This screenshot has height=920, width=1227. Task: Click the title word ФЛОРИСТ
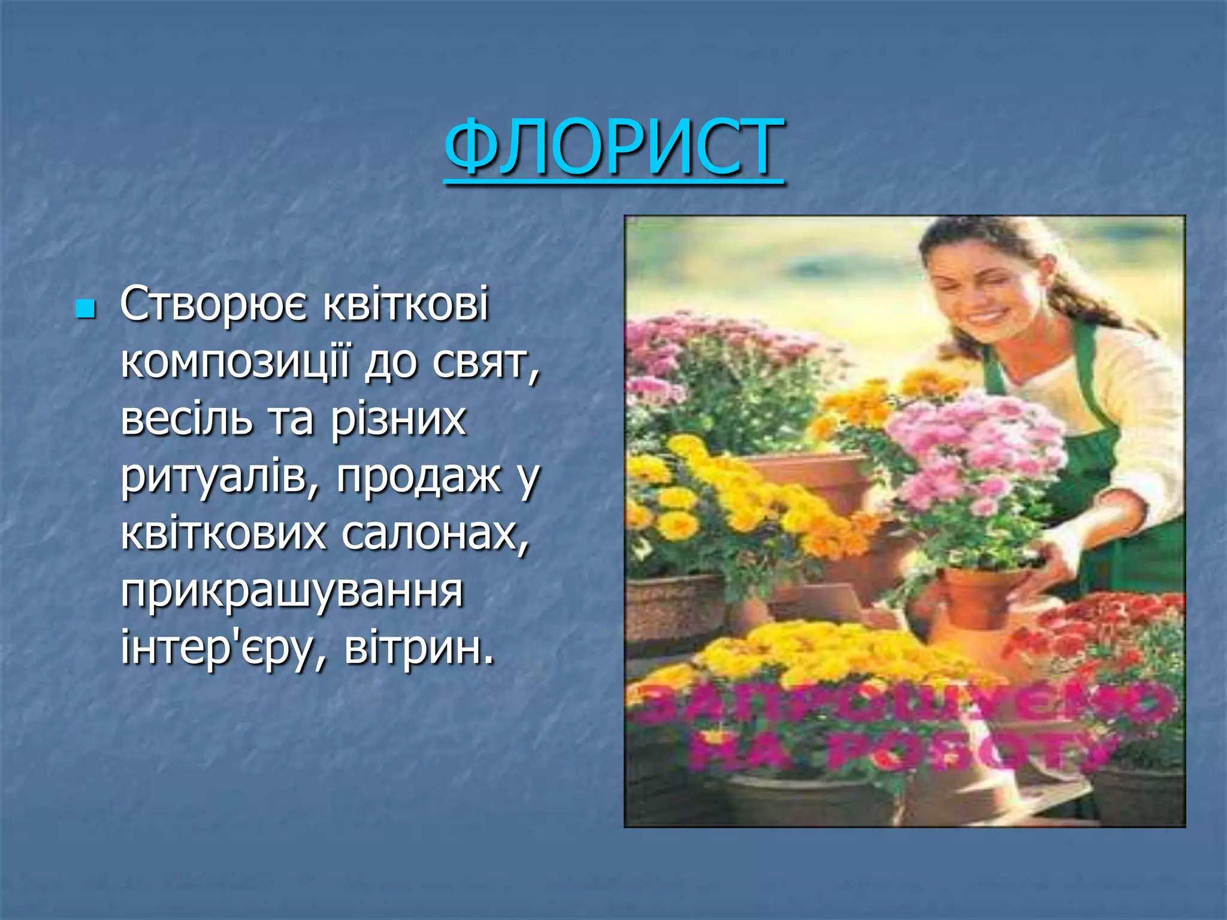(613, 147)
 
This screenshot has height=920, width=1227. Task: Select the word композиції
(234, 362)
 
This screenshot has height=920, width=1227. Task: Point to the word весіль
(186, 419)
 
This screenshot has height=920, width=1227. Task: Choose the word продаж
(418, 477)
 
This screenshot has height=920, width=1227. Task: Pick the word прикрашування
(292, 592)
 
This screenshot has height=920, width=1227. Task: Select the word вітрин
(419, 649)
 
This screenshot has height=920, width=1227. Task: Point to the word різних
(398, 419)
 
